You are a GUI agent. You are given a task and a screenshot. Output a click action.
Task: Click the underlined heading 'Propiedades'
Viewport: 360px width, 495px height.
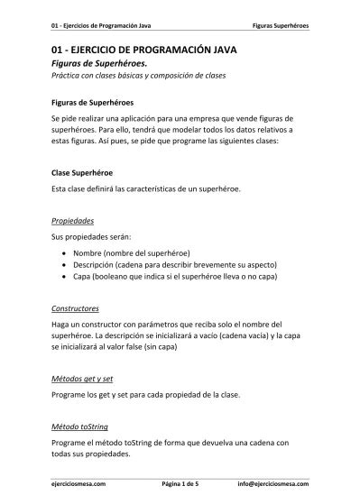[73, 219]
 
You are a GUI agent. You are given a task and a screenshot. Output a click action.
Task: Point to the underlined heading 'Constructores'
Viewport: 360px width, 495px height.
[76, 308]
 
